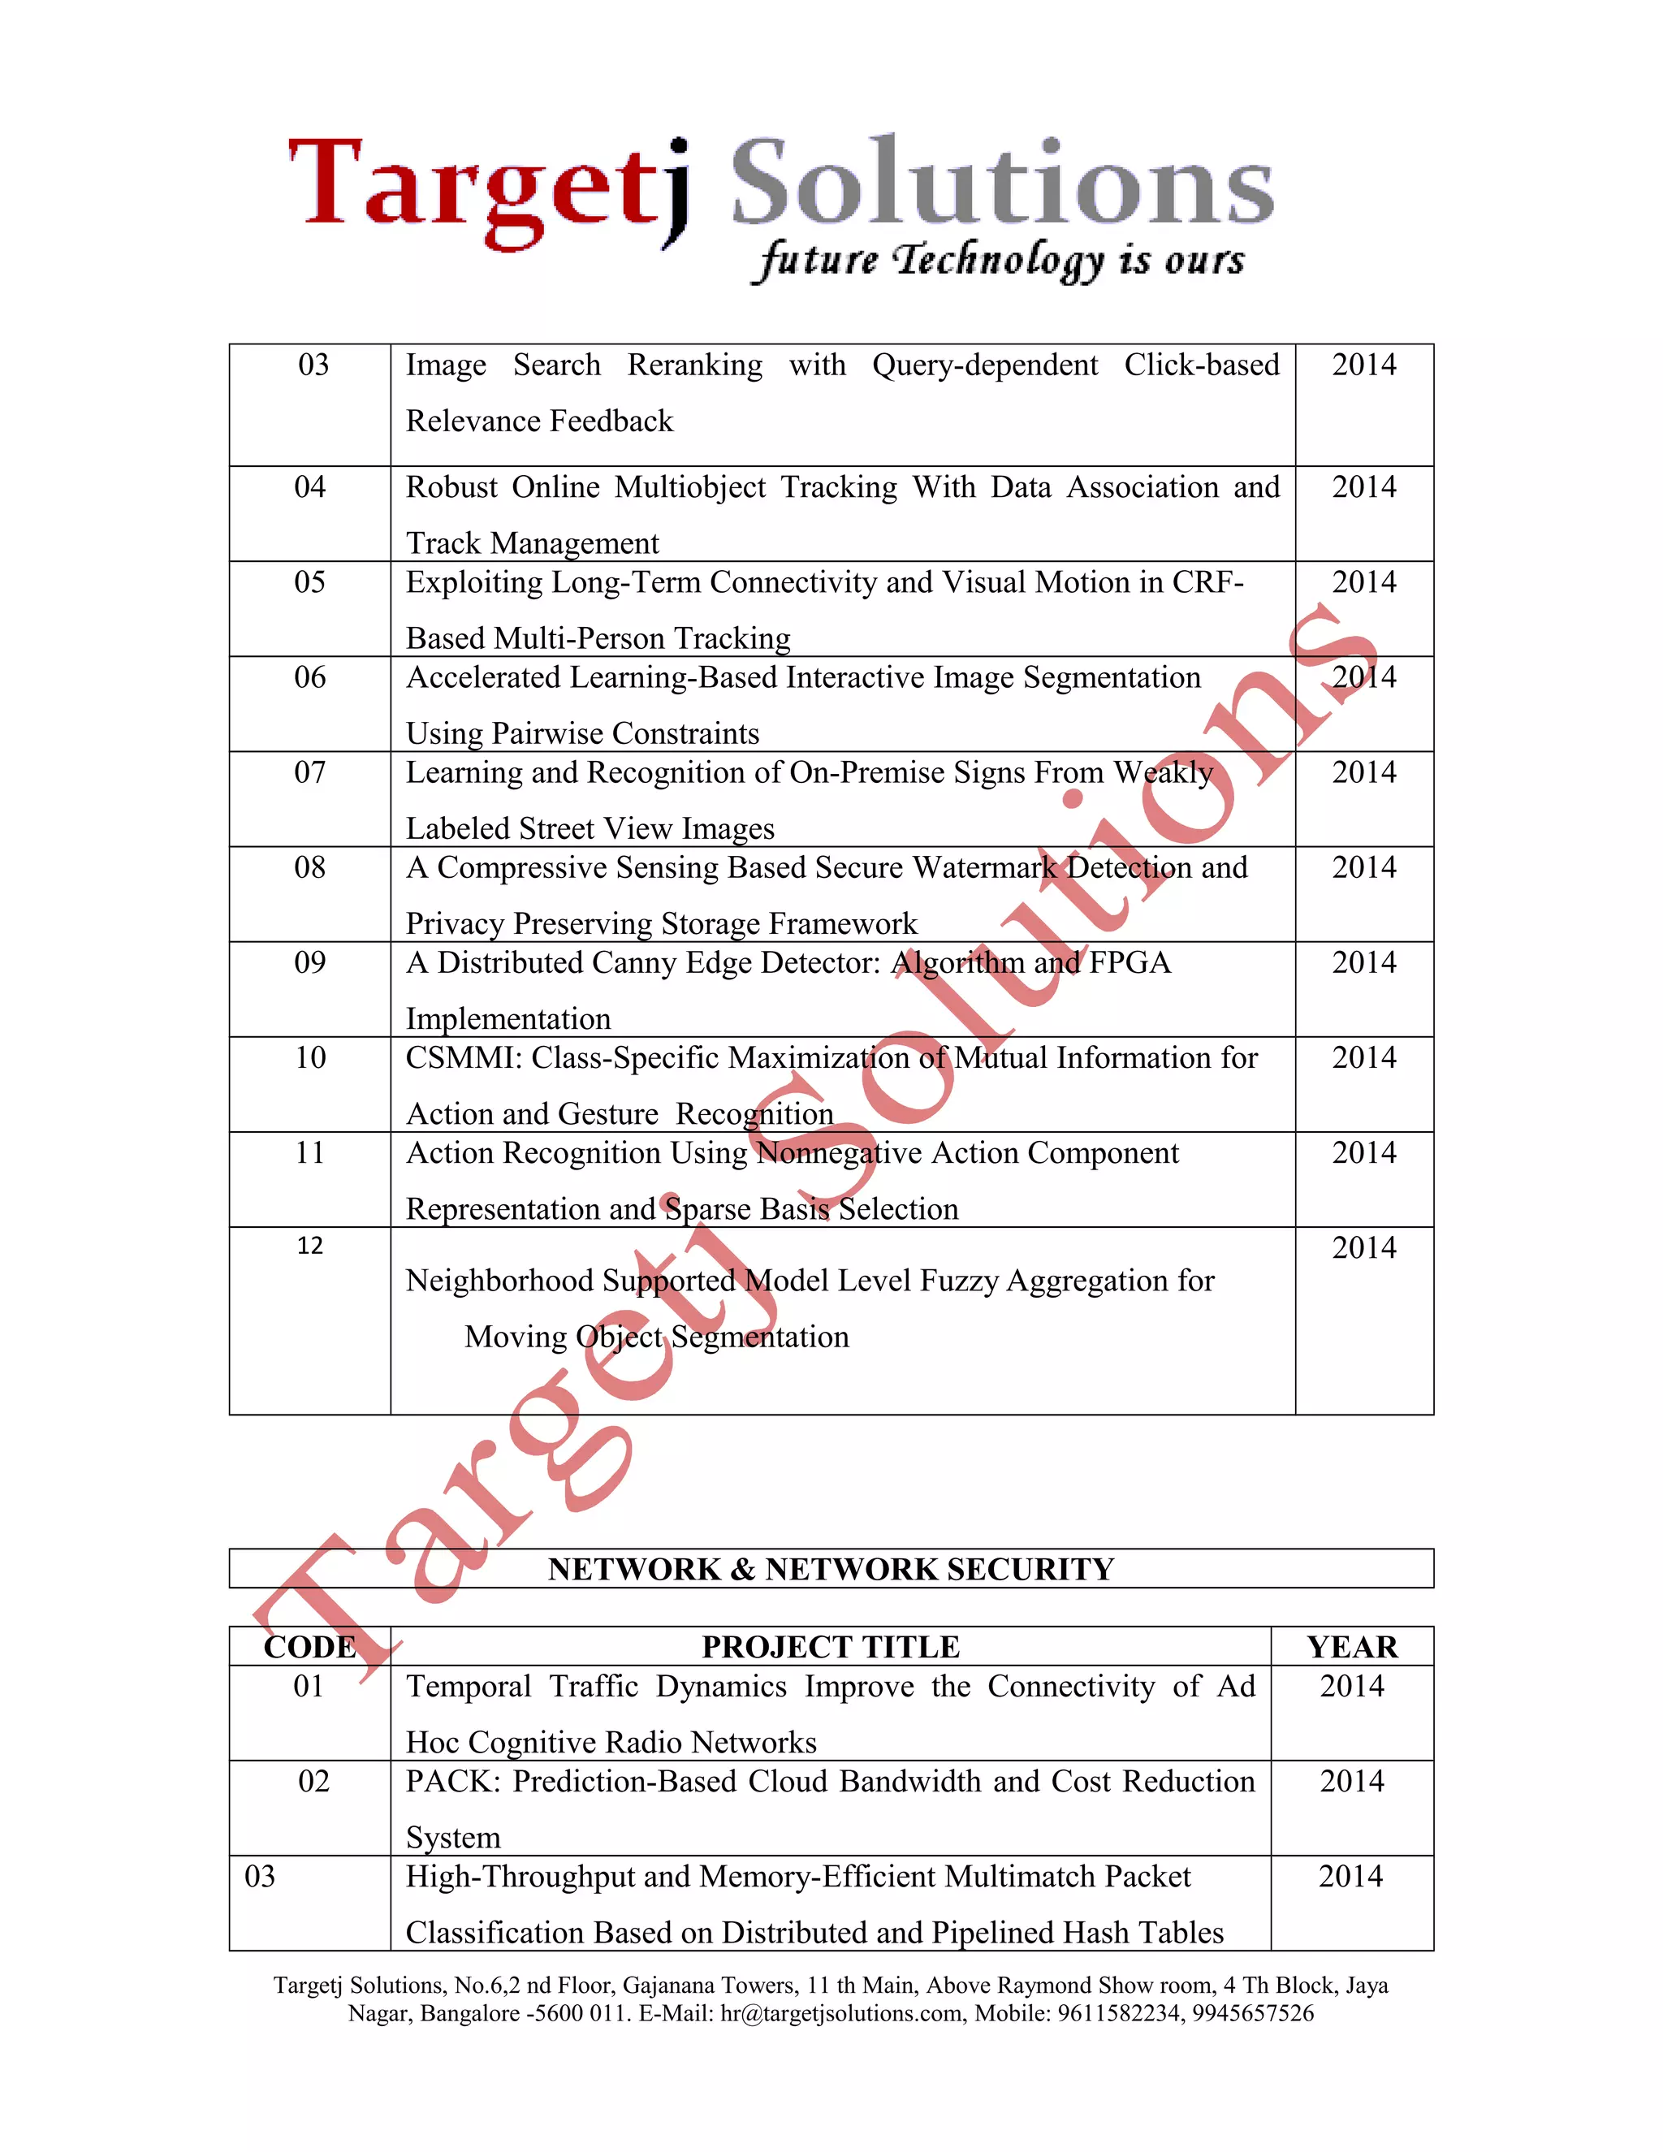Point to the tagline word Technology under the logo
(x=998, y=261)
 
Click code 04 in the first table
(x=309, y=486)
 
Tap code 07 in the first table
(x=309, y=772)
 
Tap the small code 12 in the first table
(x=309, y=1247)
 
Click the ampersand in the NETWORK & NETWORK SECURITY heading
(x=743, y=1570)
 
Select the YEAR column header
(x=1352, y=1648)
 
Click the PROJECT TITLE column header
(x=831, y=1648)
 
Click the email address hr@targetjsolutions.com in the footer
(x=842, y=2013)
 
